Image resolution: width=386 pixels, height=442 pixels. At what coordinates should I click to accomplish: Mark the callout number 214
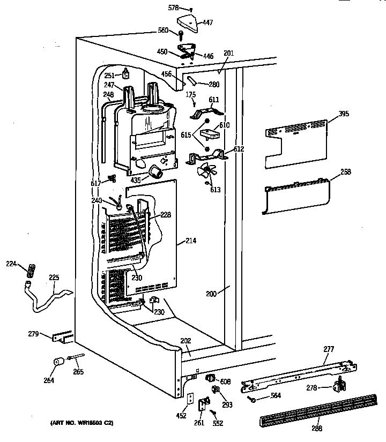[x=190, y=241]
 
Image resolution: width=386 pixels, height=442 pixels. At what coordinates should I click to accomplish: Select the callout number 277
[x=329, y=349]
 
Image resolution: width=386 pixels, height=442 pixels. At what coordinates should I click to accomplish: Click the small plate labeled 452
[x=190, y=399]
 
